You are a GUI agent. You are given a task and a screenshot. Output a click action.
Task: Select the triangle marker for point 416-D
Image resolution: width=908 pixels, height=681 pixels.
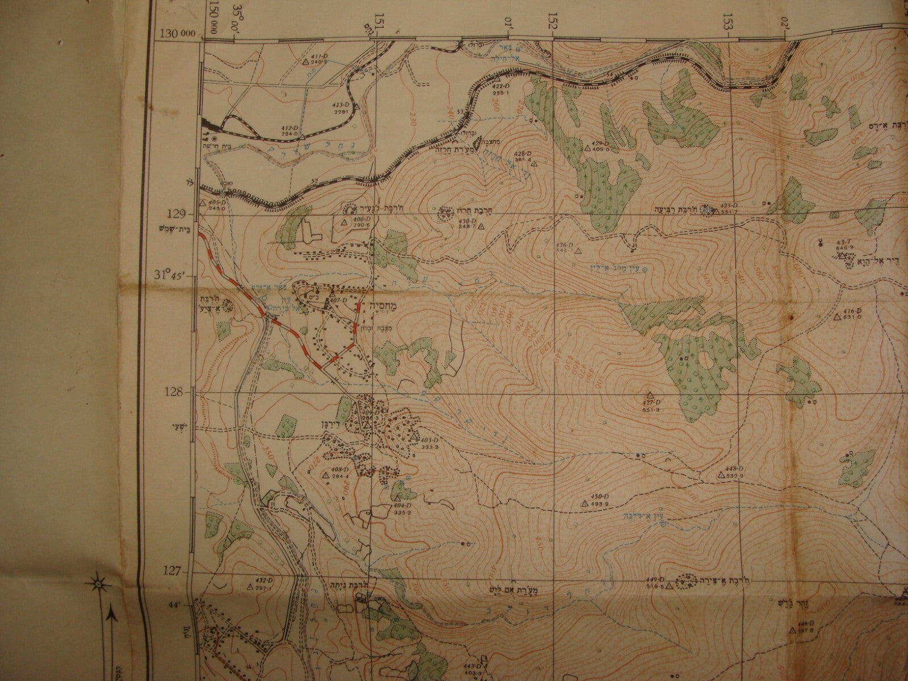coord(836,317)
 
